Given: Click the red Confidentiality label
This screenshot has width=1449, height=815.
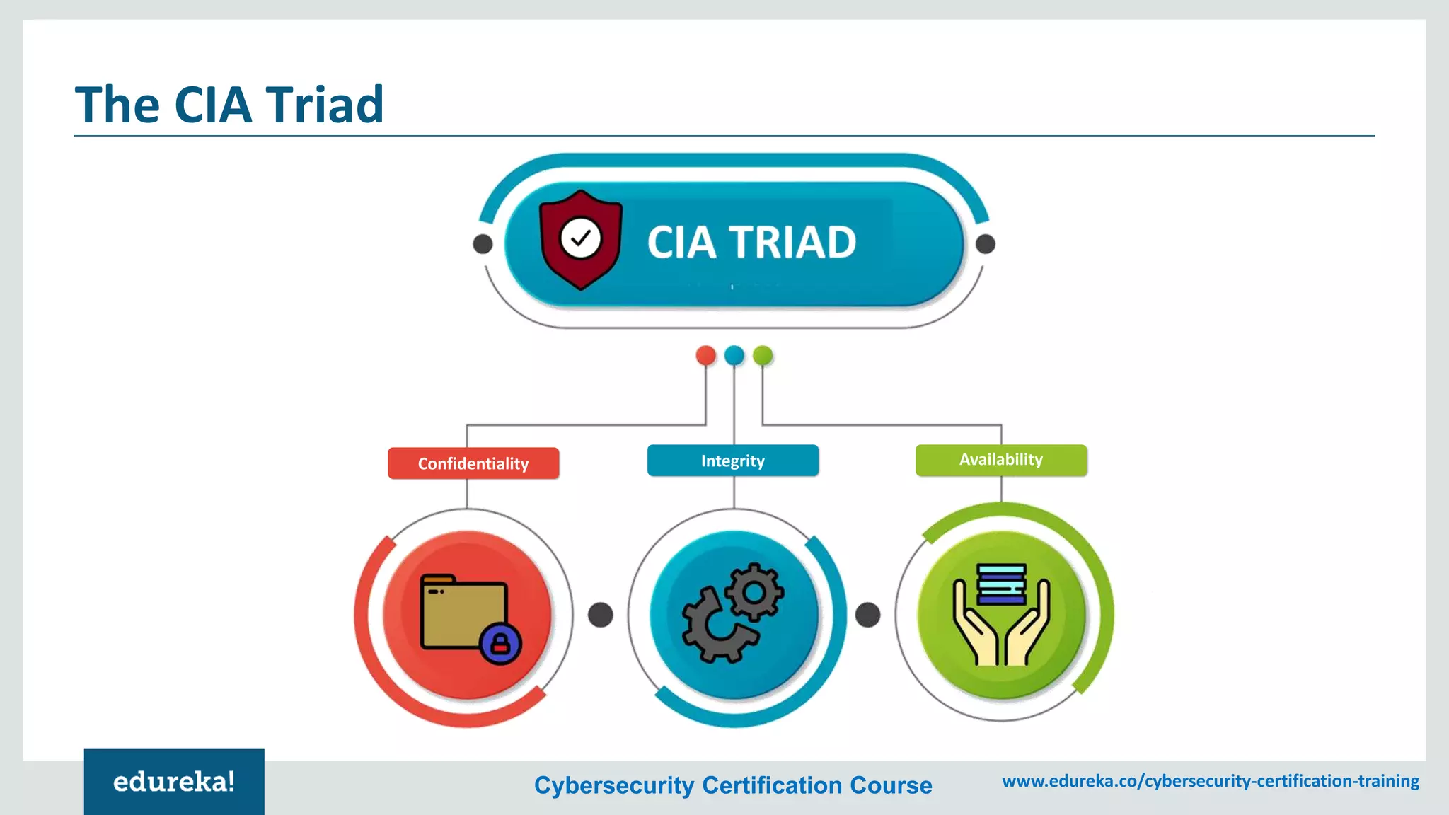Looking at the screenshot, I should tap(473, 463).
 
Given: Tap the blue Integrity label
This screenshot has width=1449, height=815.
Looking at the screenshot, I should tap(733, 461).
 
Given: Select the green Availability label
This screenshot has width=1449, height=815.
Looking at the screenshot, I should tap(1000, 460).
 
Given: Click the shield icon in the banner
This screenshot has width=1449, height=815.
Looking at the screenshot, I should tap(581, 240).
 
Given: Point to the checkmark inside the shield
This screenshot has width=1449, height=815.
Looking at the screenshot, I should tap(581, 238).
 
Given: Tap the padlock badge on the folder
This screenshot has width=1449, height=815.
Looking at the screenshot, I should tap(500, 643).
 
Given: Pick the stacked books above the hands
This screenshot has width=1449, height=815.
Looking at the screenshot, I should tap(1001, 583).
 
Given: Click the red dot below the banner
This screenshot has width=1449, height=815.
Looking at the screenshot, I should tap(705, 355).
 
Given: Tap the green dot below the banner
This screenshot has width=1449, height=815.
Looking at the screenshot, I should tap(763, 355).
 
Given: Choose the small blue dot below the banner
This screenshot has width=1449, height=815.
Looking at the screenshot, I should tap(734, 355).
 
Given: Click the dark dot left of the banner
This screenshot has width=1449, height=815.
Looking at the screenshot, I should tap(483, 244).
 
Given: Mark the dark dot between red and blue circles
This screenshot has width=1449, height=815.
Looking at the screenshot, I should tap(601, 615).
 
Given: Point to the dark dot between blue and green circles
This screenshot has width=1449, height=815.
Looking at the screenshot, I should tap(868, 615).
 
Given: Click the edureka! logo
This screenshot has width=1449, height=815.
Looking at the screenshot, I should tap(174, 782).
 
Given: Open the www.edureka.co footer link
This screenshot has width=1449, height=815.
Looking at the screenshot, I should tap(1211, 781).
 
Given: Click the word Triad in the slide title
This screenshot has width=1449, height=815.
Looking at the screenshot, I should tap(325, 105).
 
